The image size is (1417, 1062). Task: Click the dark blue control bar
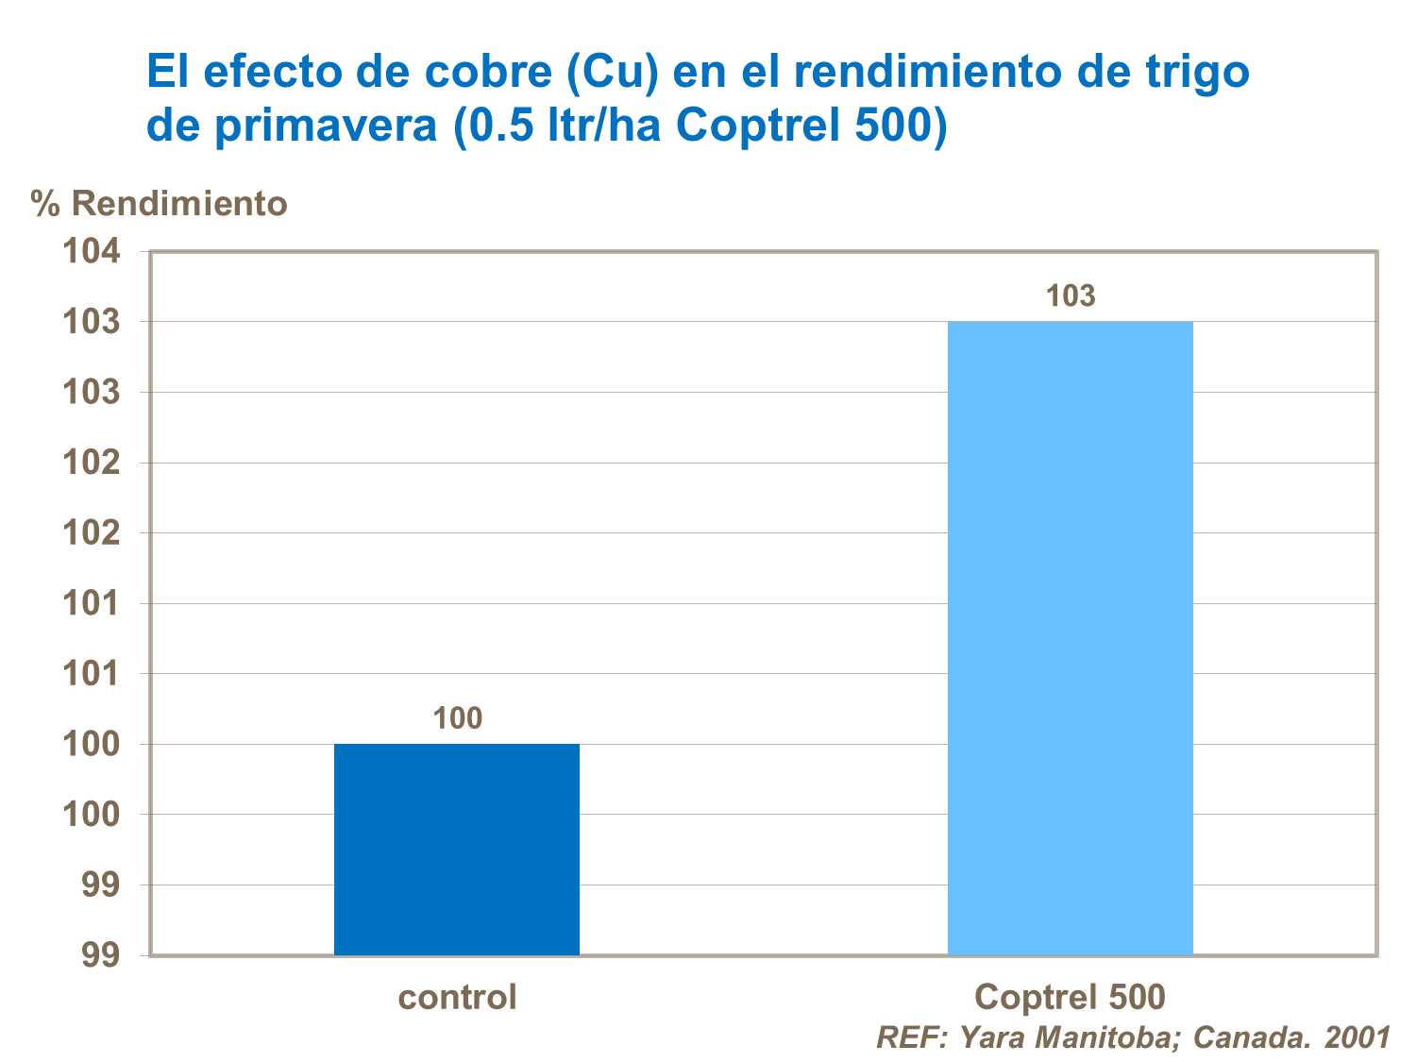(x=457, y=850)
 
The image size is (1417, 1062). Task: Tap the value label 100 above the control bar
(x=458, y=718)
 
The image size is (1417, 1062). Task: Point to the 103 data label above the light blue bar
(x=1071, y=296)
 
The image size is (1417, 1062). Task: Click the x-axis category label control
(x=458, y=997)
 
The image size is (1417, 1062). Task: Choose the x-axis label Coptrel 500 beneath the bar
(x=1070, y=997)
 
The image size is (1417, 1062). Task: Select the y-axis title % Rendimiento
(x=159, y=203)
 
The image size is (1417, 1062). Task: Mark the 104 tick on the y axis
(x=92, y=251)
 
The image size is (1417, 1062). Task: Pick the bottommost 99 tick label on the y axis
(x=101, y=955)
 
